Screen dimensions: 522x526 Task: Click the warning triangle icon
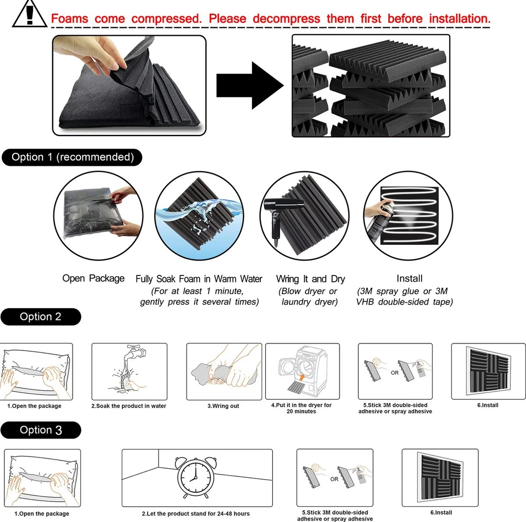click(x=29, y=14)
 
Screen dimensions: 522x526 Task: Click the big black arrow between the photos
click(x=249, y=85)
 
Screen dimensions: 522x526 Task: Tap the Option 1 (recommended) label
click(x=72, y=157)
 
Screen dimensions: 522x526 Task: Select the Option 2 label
click(x=41, y=317)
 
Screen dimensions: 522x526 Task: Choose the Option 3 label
click(x=41, y=430)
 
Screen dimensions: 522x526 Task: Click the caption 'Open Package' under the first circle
click(x=93, y=278)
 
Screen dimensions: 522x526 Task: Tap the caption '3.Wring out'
click(x=223, y=406)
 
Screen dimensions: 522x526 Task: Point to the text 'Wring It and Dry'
click(x=310, y=279)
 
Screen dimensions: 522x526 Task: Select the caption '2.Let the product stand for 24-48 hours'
click(x=195, y=514)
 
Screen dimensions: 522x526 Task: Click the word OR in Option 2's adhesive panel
click(x=394, y=373)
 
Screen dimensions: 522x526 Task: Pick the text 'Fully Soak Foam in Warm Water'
click(x=199, y=279)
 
